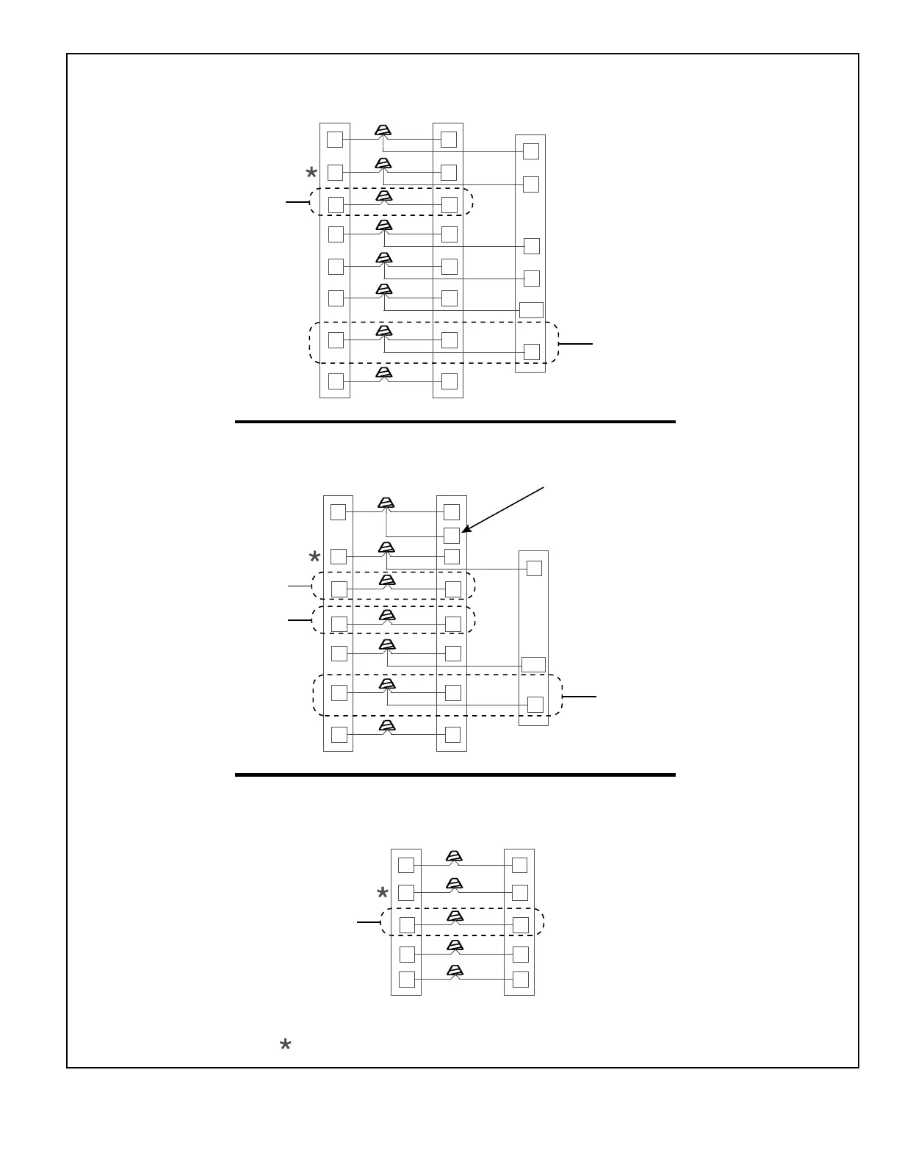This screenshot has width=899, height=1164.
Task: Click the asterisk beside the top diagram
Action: [311, 173]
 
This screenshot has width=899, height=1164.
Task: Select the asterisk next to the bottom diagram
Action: [382, 894]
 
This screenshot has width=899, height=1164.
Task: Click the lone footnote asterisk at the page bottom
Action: [286, 1045]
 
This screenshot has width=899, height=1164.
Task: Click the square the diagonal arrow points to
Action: [452, 536]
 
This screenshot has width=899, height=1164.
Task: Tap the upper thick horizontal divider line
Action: [455, 422]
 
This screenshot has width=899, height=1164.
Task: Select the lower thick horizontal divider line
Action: [455, 775]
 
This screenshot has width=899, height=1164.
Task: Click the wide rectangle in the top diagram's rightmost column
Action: [531, 310]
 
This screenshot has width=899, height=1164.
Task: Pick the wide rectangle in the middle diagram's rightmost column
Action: [533, 665]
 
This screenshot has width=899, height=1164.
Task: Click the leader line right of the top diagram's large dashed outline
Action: [576, 343]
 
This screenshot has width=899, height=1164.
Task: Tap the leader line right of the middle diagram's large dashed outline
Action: [580, 696]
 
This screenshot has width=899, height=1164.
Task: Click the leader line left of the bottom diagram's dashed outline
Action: [369, 921]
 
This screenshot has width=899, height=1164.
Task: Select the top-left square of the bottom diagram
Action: [406, 865]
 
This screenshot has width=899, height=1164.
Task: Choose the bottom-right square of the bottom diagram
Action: [520, 980]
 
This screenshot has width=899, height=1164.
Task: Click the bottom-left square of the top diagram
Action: [336, 381]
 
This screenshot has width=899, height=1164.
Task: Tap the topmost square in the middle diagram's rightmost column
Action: [535, 568]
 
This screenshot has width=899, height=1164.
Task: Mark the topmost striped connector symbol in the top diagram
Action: [382, 130]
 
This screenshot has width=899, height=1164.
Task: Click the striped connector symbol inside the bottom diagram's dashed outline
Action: [455, 916]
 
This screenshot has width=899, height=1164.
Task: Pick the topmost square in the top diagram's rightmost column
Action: [531, 151]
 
